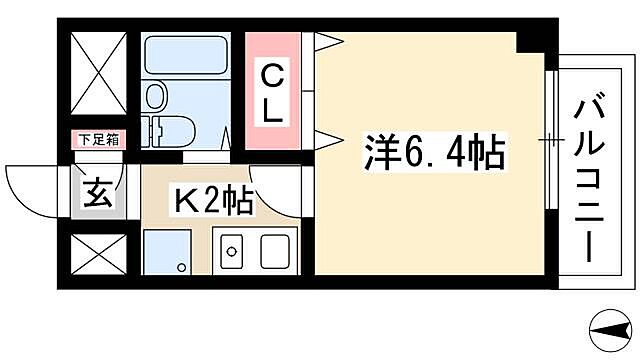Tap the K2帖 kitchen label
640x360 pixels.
click(213, 200)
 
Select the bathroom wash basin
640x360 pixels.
click(155, 96)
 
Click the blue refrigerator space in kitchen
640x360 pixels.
click(164, 251)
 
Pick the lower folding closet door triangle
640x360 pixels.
click(329, 137)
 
